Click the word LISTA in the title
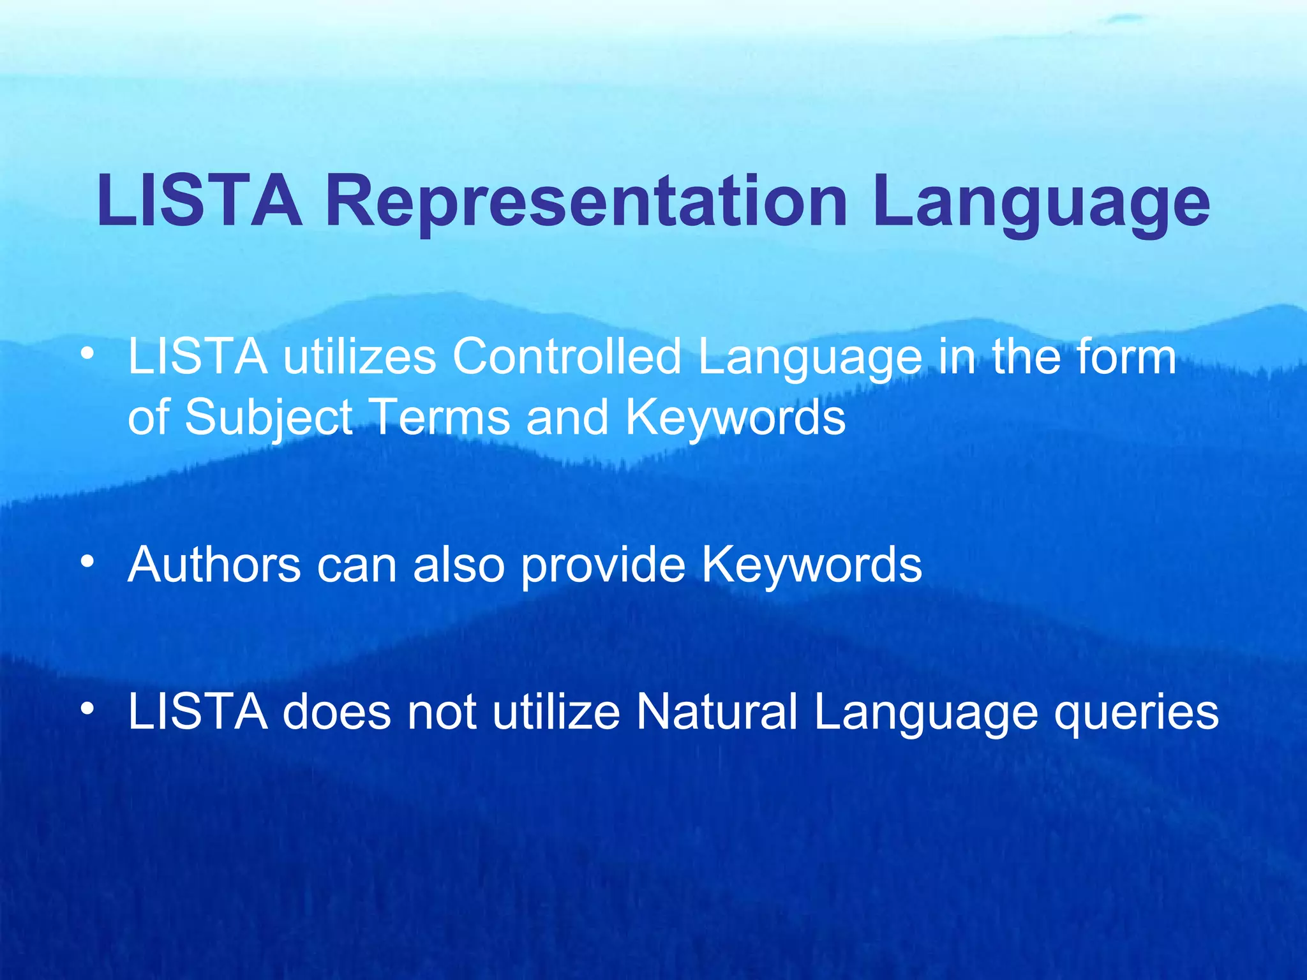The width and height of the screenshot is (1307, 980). point(199,201)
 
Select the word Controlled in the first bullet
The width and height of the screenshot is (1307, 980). point(567,357)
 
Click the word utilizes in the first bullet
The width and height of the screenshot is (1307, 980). point(359,357)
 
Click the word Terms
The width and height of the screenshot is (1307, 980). point(440,417)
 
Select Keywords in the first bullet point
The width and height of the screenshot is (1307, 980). point(735,417)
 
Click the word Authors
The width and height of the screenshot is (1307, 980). point(214,565)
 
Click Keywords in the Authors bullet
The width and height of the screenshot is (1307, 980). point(812,565)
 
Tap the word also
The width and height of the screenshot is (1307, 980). point(459,565)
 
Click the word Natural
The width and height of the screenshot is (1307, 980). point(717,712)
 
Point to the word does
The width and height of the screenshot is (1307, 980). point(336,712)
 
